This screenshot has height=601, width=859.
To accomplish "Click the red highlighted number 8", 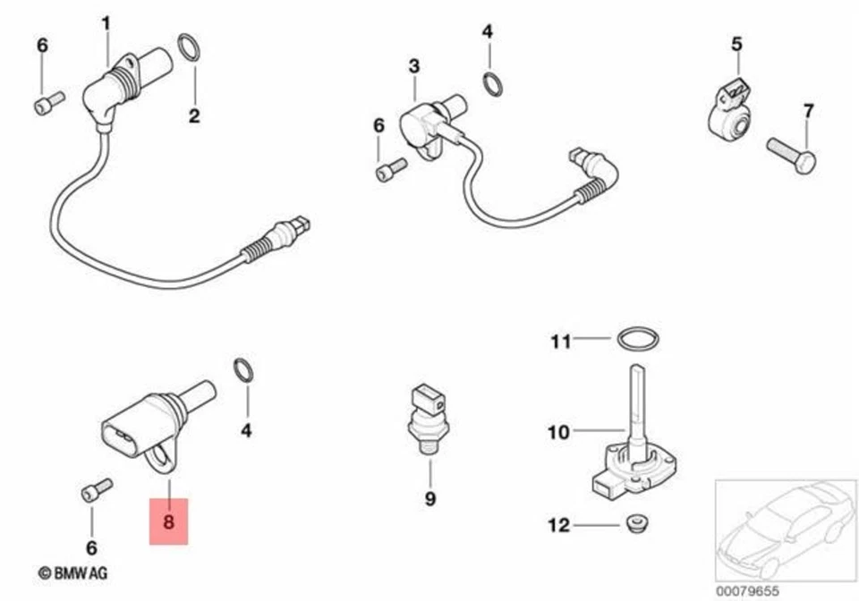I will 168,520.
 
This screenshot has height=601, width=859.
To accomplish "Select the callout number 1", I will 106,23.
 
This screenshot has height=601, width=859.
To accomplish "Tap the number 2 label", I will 194,115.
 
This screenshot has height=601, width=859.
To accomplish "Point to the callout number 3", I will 413,66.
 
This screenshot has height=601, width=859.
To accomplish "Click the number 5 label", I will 736,43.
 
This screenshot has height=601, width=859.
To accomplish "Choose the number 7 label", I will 808,112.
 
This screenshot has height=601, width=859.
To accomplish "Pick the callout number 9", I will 429,498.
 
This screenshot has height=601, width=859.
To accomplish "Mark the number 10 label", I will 558,433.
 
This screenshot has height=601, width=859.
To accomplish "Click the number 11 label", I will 560,341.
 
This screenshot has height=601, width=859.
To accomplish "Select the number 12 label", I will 558,526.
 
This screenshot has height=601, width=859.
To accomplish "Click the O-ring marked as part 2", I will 189,47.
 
